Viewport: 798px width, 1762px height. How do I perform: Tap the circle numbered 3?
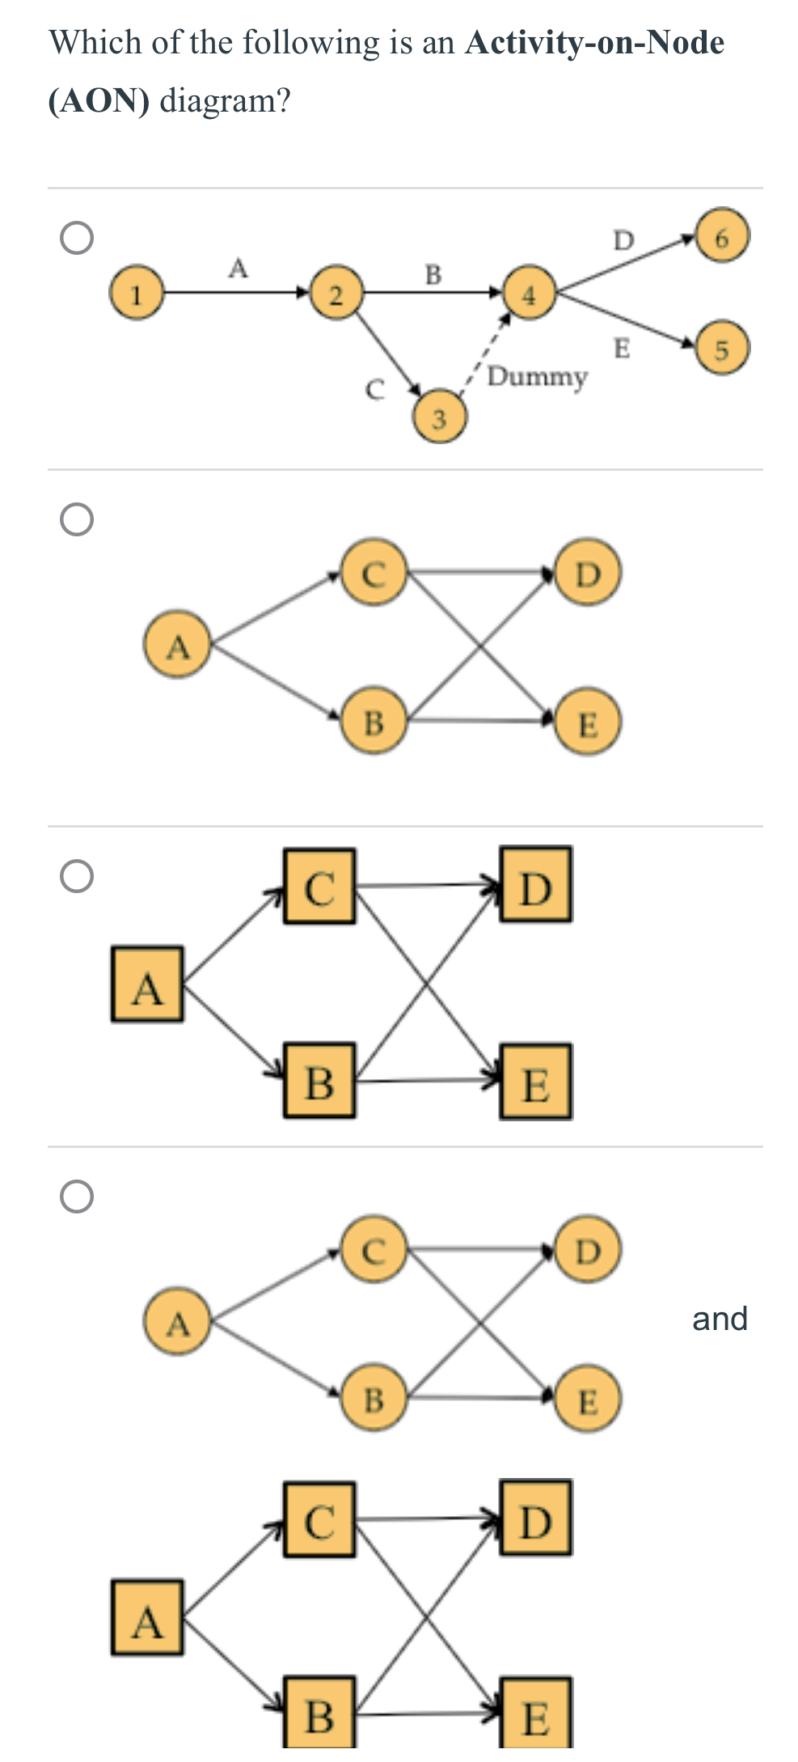439,418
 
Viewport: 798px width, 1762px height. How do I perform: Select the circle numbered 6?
723,236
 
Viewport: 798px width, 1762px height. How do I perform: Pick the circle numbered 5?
722,349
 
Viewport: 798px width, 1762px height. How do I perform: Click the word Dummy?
537,377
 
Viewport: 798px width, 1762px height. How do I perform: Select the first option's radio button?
77,238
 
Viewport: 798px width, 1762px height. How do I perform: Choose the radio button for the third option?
77,876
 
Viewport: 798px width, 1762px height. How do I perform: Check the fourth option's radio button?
77,1196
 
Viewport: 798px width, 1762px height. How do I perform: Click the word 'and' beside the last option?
720,1319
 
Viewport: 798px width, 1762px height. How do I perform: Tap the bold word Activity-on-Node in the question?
594,42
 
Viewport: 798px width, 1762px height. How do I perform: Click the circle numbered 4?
529,295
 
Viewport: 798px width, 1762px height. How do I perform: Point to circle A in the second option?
178,646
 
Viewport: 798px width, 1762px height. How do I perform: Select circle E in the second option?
589,722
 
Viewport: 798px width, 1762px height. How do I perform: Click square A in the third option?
147,984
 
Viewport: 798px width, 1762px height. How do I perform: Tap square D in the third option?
535,884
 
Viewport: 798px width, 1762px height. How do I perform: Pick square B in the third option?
319,1080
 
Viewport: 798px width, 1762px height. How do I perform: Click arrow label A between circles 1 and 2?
238,268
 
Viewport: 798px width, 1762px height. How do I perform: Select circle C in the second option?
373,573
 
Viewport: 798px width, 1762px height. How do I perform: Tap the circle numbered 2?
336,294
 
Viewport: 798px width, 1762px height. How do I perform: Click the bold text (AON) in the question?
99,101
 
